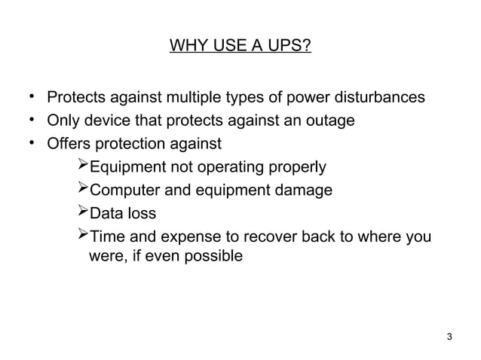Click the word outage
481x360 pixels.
[331, 121]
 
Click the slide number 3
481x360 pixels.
[450, 335]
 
